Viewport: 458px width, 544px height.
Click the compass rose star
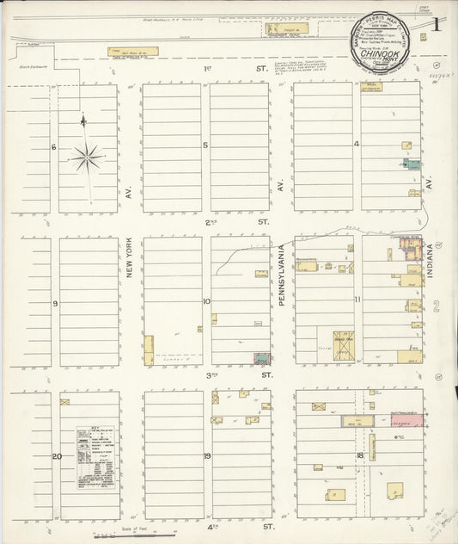[x=88, y=158]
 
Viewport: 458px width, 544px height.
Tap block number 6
[x=53, y=147]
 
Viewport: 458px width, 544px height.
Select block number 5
[x=205, y=145]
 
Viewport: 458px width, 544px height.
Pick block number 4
[x=357, y=144]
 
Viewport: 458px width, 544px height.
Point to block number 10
[x=206, y=301]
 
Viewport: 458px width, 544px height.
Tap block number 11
[x=357, y=300]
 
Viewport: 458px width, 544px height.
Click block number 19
[x=207, y=455]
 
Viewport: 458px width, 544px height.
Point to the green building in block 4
[x=410, y=164]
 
